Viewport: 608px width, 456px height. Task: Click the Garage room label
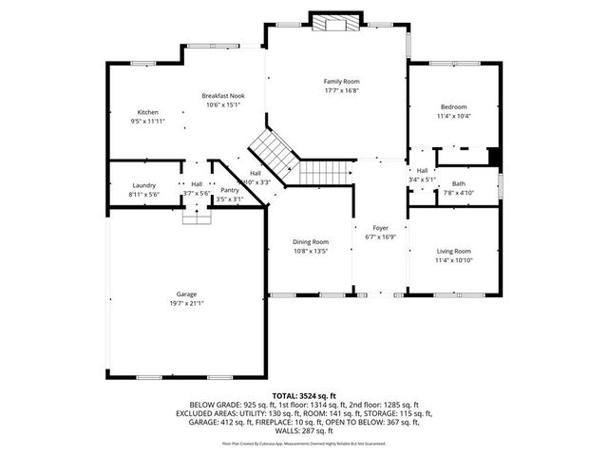click(186, 294)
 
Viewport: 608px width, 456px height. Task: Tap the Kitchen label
click(148, 112)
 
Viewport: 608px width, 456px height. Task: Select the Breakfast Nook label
click(223, 96)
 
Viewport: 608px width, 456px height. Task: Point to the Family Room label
click(342, 82)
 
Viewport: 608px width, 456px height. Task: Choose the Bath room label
click(459, 183)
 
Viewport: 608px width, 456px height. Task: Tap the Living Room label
click(454, 251)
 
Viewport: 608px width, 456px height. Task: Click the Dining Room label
click(311, 242)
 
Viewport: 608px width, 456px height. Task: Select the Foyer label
click(380, 228)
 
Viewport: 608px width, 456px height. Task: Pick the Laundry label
click(144, 184)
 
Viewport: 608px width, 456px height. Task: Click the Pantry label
click(230, 190)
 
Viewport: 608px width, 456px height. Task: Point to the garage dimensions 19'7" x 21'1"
click(186, 303)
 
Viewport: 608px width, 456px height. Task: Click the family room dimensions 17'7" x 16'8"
click(342, 91)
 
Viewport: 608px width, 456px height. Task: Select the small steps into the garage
click(197, 217)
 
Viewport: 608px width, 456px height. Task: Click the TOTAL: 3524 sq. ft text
click(304, 395)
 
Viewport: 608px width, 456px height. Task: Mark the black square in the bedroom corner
click(493, 157)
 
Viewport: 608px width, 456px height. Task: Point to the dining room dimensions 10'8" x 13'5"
click(311, 252)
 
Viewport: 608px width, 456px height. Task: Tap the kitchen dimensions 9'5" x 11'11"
click(148, 122)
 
